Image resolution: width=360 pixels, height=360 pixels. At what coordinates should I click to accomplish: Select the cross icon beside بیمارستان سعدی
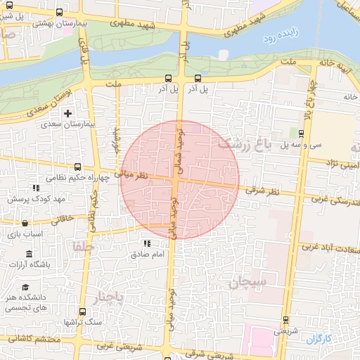pos(67,113)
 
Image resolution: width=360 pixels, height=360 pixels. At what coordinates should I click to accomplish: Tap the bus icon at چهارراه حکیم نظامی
pos(77,167)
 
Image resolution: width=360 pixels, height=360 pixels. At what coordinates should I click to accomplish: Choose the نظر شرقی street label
pos(264,191)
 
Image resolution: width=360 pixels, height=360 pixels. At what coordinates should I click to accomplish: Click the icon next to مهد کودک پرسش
pos(36,188)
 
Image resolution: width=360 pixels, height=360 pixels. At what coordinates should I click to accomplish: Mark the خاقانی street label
pos(59,219)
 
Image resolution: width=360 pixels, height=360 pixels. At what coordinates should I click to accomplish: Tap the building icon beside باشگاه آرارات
pos(29,253)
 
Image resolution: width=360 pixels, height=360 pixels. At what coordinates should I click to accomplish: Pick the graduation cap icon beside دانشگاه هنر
pos(26,287)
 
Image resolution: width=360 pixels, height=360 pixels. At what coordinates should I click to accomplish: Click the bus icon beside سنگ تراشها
pos(83,311)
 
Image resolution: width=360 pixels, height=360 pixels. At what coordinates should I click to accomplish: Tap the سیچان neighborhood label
pos(248,283)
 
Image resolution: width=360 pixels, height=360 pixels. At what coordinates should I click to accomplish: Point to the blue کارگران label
pos(318,339)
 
